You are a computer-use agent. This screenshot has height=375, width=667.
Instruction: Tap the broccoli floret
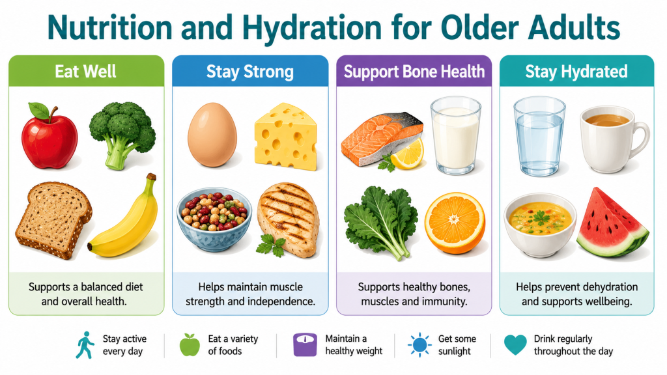click(122, 134)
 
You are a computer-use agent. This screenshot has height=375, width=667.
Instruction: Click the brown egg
click(212, 135)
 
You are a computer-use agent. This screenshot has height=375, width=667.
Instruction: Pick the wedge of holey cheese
click(286, 136)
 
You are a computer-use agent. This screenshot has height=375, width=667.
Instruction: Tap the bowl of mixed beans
click(214, 220)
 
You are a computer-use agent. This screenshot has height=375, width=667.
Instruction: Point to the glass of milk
click(455, 136)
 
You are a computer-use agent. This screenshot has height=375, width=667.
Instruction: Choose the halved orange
click(455, 223)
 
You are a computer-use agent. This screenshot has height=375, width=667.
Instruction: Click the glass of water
click(539, 136)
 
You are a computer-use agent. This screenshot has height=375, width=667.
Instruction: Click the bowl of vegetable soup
click(540, 225)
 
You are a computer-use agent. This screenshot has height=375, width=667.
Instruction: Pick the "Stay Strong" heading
click(250, 72)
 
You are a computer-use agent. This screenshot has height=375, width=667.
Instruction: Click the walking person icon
click(86, 345)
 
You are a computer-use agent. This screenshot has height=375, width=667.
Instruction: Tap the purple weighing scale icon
click(305, 344)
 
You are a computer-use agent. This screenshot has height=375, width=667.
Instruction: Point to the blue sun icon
click(420, 344)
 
